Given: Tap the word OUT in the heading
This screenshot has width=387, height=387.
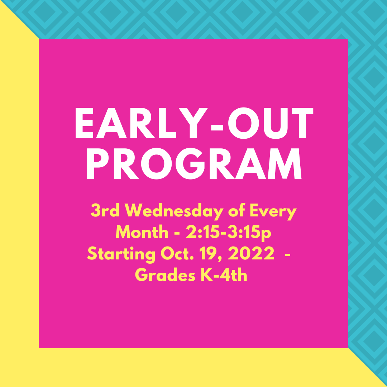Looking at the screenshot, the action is (x=271, y=123).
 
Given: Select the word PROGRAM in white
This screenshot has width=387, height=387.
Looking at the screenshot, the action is (x=194, y=163).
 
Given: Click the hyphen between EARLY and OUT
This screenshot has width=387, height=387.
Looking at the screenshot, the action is (x=217, y=127).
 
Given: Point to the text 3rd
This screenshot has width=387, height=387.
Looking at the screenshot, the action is (x=105, y=210).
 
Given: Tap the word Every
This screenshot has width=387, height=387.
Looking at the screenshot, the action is (x=273, y=211).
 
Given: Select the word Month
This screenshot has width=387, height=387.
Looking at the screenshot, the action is (x=142, y=231).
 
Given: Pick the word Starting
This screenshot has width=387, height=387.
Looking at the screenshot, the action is (x=121, y=254).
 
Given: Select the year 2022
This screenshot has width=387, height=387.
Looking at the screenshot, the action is (x=251, y=253).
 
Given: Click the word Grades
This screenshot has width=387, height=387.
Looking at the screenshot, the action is (x=165, y=275).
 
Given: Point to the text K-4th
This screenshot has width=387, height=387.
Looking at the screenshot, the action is (x=224, y=275).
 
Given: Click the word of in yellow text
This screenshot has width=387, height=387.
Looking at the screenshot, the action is (x=236, y=210).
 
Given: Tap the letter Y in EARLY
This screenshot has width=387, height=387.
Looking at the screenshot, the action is (x=193, y=123).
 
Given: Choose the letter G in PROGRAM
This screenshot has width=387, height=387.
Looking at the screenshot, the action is (x=190, y=163).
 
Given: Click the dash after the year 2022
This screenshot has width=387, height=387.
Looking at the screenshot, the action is (x=287, y=254).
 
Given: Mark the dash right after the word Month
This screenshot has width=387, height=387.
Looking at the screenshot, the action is (x=177, y=233).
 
